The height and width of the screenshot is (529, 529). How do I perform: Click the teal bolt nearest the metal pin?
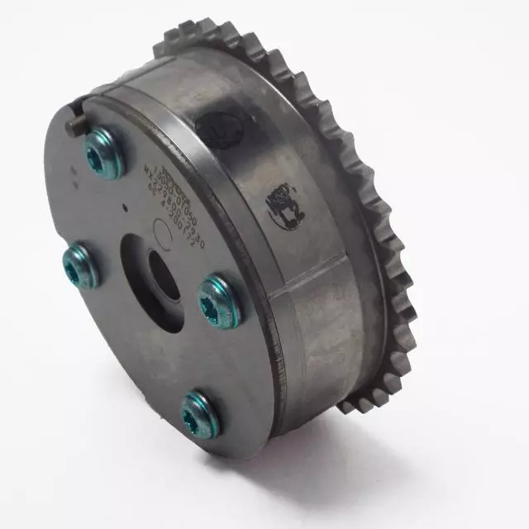click(x=105, y=155)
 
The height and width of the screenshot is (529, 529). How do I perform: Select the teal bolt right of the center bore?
click(x=219, y=301)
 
